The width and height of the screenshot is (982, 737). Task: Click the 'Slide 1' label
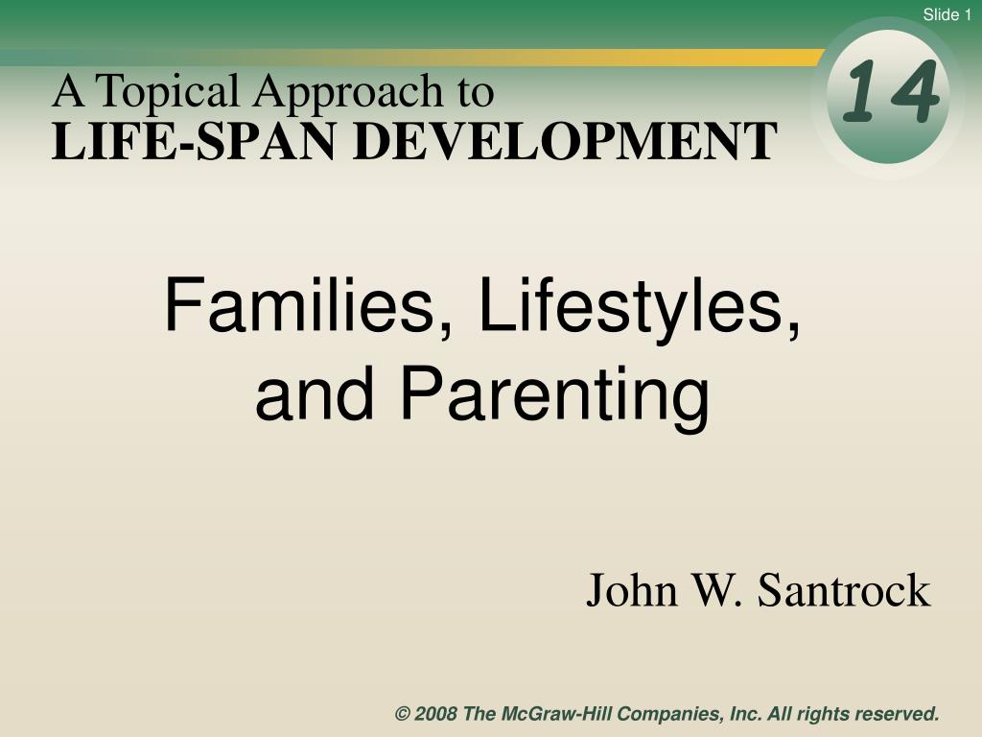[x=947, y=14]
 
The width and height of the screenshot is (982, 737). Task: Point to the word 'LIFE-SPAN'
[x=193, y=142]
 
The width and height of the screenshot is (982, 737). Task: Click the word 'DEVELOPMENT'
[x=565, y=142]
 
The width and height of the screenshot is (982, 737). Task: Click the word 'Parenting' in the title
[x=555, y=397]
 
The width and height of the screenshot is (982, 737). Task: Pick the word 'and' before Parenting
[x=315, y=393]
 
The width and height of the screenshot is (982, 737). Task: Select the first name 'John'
[x=632, y=590]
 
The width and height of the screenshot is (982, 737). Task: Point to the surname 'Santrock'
[x=844, y=590]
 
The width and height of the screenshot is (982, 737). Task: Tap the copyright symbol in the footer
[x=402, y=714]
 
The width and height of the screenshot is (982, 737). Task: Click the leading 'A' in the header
[x=68, y=91]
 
